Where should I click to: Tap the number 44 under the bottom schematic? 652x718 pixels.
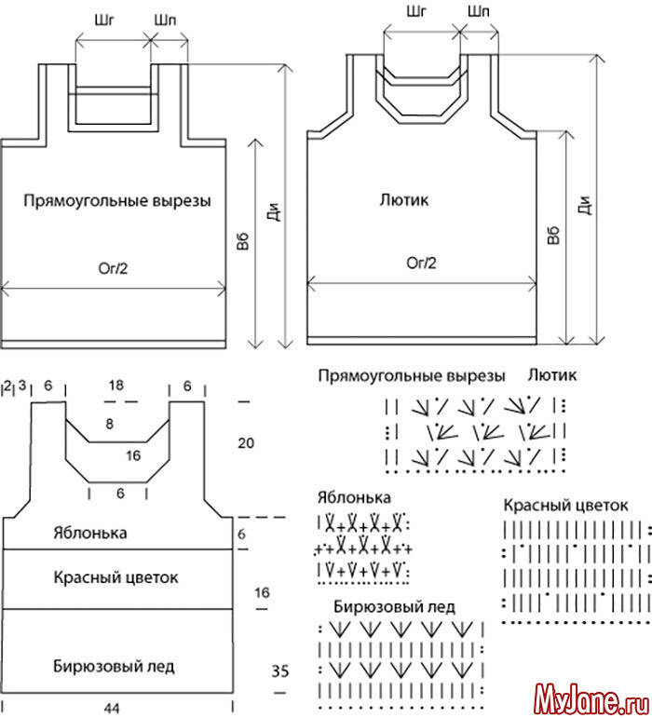tap(112, 708)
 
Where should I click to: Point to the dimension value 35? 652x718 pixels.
tap(280, 669)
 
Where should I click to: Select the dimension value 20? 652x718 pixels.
tap(246, 443)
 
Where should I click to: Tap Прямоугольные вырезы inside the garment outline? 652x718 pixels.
tap(117, 200)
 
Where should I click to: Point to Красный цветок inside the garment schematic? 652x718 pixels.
tap(115, 577)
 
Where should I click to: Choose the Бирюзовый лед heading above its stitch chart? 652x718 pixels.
tap(394, 606)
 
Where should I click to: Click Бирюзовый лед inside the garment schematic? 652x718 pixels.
tap(113, 666)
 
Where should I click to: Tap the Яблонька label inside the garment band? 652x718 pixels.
tap(115, 534)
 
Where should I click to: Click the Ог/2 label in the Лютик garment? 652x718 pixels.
tap(420, 263)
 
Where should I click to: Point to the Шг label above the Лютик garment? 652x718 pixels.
tap(418, 11)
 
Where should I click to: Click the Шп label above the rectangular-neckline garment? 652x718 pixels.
tap(168, 18)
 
